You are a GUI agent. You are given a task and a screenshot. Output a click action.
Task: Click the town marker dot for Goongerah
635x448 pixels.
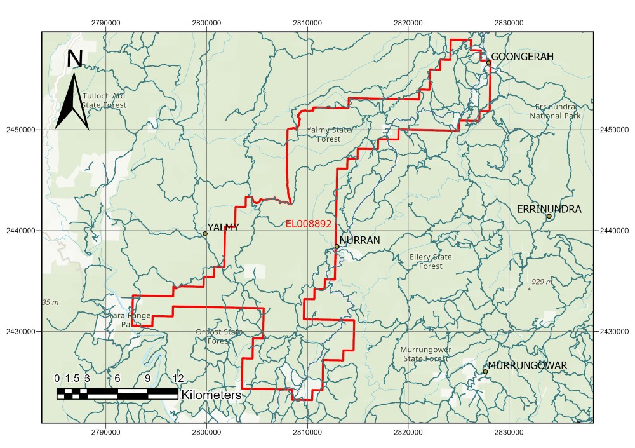coord(488,62)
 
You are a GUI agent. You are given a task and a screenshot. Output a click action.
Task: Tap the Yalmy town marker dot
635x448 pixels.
coord(205,234)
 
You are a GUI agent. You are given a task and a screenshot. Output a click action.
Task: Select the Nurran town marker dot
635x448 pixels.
coord(337,247)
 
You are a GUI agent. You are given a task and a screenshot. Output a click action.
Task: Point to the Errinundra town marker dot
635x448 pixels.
coord(549,216)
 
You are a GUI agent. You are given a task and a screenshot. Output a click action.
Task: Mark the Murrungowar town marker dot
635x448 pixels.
coord(485,372)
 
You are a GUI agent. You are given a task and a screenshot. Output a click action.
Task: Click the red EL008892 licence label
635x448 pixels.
coord(309,224)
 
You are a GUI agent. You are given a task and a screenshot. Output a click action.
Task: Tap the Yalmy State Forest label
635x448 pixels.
coord(328,134)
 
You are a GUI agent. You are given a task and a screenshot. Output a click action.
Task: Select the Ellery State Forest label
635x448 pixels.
coord(431,261)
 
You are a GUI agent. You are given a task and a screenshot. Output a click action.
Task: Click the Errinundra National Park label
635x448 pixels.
coord(555,111)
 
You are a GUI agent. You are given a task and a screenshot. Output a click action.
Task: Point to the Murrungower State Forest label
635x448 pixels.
coord(426,354)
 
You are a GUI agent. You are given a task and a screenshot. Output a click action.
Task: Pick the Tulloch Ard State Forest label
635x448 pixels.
coord(104,100)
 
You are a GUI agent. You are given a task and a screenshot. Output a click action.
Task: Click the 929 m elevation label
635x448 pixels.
coord(542,282)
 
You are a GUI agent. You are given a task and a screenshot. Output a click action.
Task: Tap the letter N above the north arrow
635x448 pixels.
coord(75,58)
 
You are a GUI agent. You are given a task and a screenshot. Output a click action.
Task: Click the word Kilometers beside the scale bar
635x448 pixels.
coord(211,395)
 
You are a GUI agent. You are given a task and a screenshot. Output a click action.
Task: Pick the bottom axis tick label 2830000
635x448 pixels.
coord(508,432)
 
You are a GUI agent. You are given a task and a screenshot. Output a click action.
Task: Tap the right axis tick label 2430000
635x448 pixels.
coord(613,331)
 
